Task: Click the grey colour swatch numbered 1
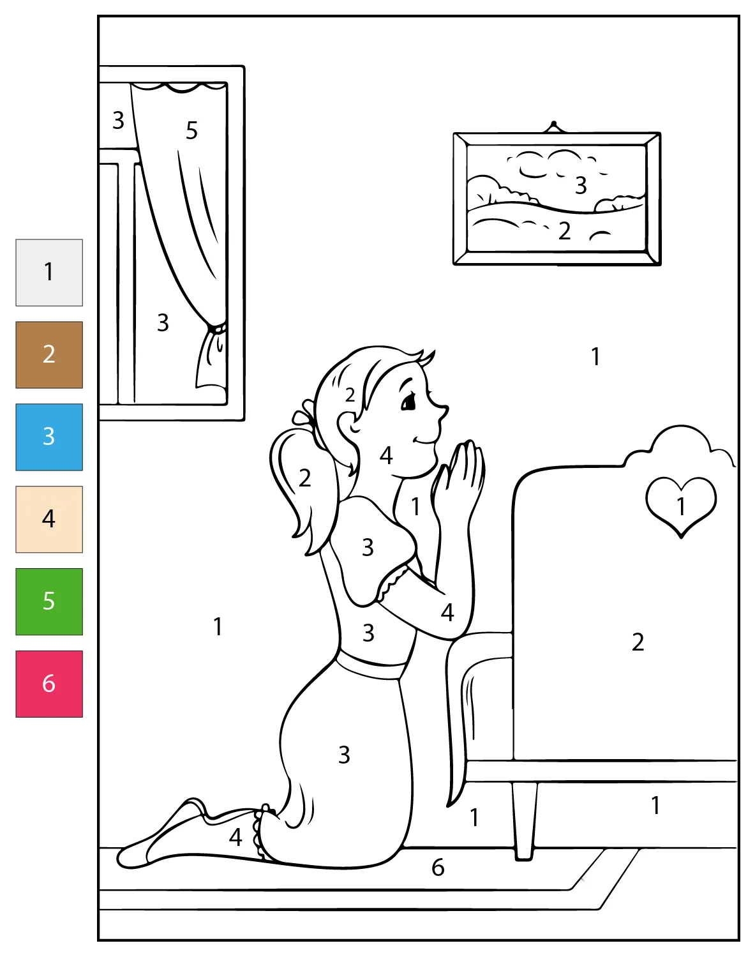click(x=49, y=273)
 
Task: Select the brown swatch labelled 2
click(x=49, y=355)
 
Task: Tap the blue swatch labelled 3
click(x=49, y=437)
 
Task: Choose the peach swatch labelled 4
click(x=49, y=520)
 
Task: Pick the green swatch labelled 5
click(x=49, y=601)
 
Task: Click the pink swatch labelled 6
click(x=49, y=684)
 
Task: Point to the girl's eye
click(x=408, y=403)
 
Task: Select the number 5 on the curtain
click(x=191, y=130)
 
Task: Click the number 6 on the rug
click(x=438, y=867)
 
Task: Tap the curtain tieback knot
click(x=217, y=329)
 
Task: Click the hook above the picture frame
click(x=553, y=127)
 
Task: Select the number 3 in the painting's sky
click(x=581, y=185)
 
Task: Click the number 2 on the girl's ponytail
click(x=304, y=478)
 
